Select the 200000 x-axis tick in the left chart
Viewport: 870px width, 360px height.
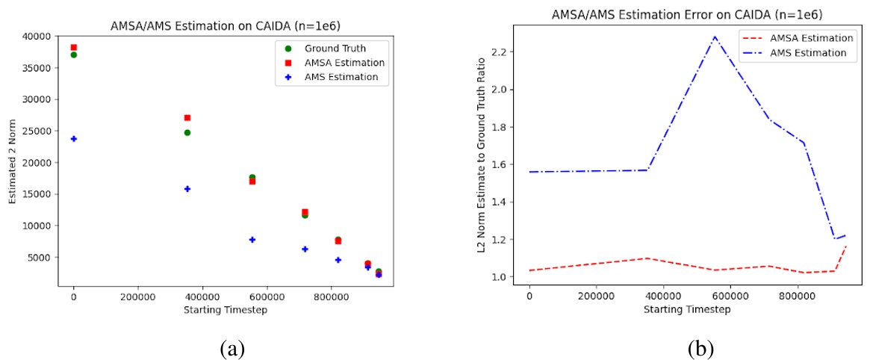tap(137, 297)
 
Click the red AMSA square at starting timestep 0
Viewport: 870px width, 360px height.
tap(73, 48)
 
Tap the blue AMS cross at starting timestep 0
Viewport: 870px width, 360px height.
tap(73, 139)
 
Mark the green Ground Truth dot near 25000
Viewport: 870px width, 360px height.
tap(187, 132)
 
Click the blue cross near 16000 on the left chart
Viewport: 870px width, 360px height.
tap(187, 189)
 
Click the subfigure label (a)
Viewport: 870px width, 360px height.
tap(229, 348)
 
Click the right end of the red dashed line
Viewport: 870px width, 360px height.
tap(846, 246)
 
